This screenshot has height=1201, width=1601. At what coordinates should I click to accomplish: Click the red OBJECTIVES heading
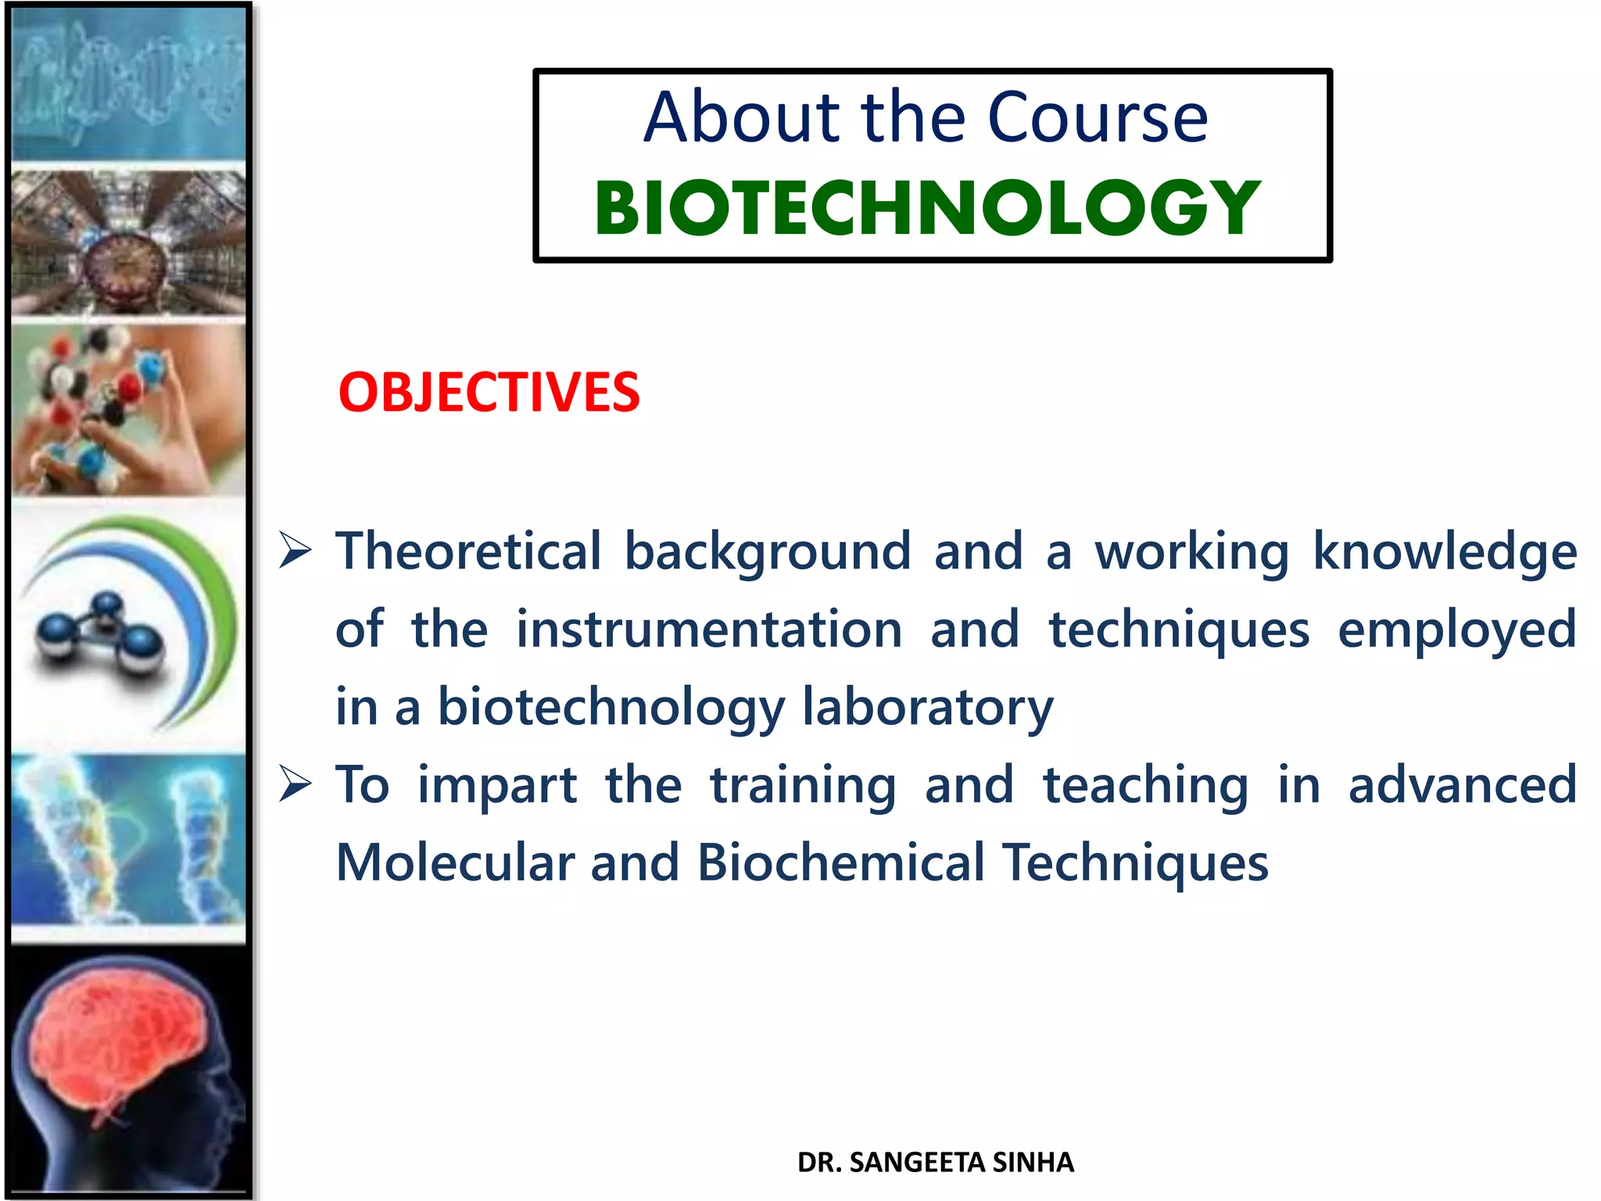point(489,392)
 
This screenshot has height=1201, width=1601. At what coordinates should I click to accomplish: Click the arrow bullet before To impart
point(295,784)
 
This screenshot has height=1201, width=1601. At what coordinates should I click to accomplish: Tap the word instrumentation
point(708,629)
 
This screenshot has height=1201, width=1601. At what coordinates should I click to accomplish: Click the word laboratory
point(928,708)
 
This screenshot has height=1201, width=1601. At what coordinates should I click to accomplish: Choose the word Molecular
point(454,862)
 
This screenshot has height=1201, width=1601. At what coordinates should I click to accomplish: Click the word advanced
point(1462,785)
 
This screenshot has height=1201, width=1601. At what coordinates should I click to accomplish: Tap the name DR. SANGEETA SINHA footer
point(935,1163)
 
